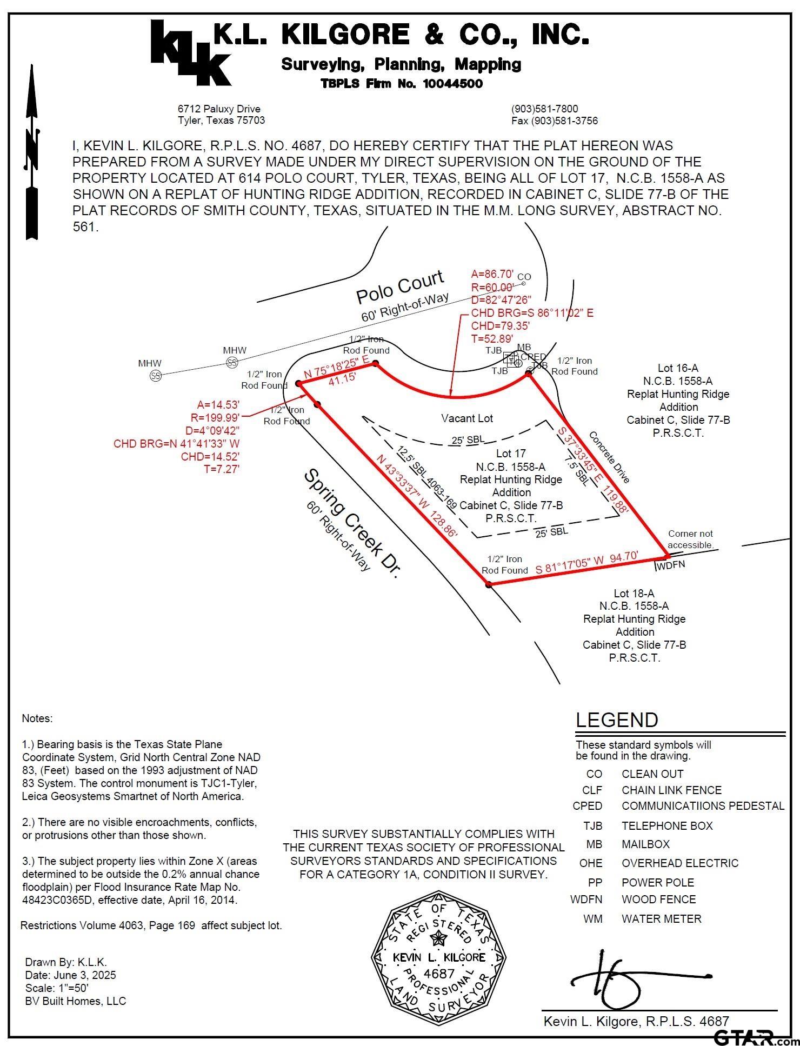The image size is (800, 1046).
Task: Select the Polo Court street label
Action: [x=400, y=287]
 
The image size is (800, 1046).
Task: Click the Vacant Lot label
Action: [x=467, y=418]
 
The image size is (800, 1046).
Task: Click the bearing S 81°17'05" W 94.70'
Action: [x=587, y=562]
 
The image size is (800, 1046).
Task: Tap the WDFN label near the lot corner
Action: [x=670, y=565]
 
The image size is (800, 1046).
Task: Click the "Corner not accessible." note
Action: [x=690, y=539]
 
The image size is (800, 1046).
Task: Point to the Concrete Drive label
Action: [x=609, y=457]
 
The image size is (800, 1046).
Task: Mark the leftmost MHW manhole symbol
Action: [x=156, y=376]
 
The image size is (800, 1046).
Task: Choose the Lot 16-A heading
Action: [x=678, y=368]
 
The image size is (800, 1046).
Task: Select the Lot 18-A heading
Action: [x=634, y=593]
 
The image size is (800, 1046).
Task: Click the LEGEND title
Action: [x=617, y=720]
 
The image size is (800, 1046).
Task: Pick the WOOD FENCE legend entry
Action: [x=658, y=900]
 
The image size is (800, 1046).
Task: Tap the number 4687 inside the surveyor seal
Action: [x=439, y=974]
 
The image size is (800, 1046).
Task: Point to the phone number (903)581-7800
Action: [x=544, y=109]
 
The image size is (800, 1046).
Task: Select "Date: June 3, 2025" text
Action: [x=70, y=975]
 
